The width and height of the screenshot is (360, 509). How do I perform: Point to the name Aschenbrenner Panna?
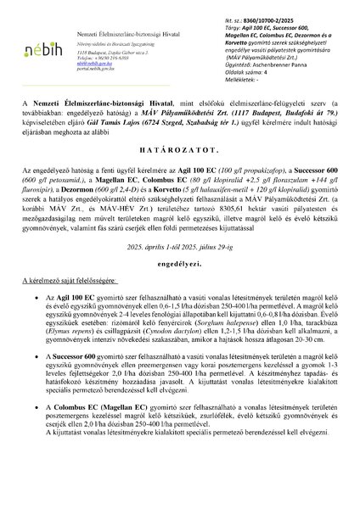click(279, 64)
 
